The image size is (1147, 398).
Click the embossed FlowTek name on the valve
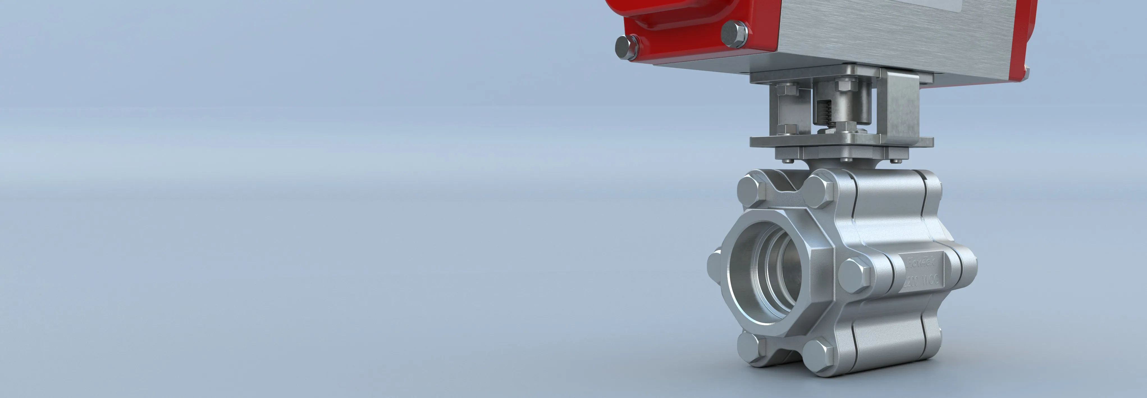[920, 262]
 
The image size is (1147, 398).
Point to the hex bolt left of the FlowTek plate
[854, 273]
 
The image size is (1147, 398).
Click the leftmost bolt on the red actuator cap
[627, 47]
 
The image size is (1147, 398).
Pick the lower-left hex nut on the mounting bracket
[789, 130]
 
